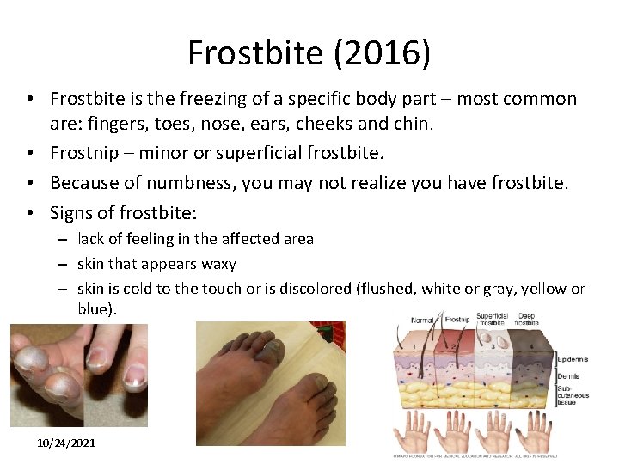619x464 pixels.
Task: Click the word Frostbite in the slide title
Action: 255,53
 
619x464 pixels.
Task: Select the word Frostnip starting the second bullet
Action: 85,153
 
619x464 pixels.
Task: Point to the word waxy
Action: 218,264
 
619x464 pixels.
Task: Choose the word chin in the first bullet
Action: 414,123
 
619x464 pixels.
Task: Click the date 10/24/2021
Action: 66,443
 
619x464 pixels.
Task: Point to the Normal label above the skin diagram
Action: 422,320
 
